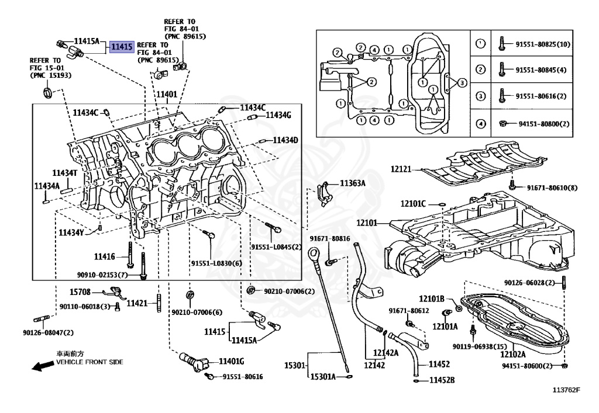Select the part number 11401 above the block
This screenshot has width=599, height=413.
pos(166,94)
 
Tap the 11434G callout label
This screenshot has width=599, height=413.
pos(278,116)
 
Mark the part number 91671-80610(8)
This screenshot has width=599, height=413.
pos(552,188)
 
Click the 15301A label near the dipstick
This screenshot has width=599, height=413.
pos(323,377)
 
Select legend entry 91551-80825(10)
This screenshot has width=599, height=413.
pos(543,44)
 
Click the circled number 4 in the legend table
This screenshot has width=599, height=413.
pos(480,123)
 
